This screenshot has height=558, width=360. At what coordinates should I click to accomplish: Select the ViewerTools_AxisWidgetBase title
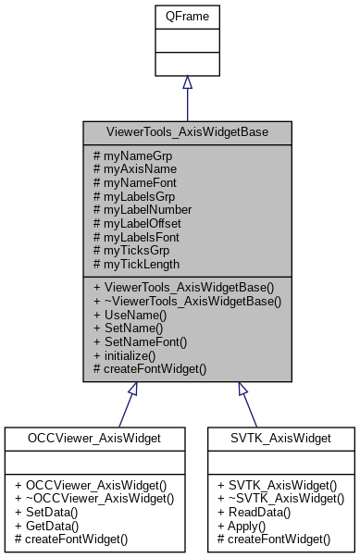coord(187,132)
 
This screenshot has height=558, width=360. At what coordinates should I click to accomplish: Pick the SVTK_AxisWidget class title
coord(280,438)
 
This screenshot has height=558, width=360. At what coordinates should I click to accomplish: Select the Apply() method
coord(242,525)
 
